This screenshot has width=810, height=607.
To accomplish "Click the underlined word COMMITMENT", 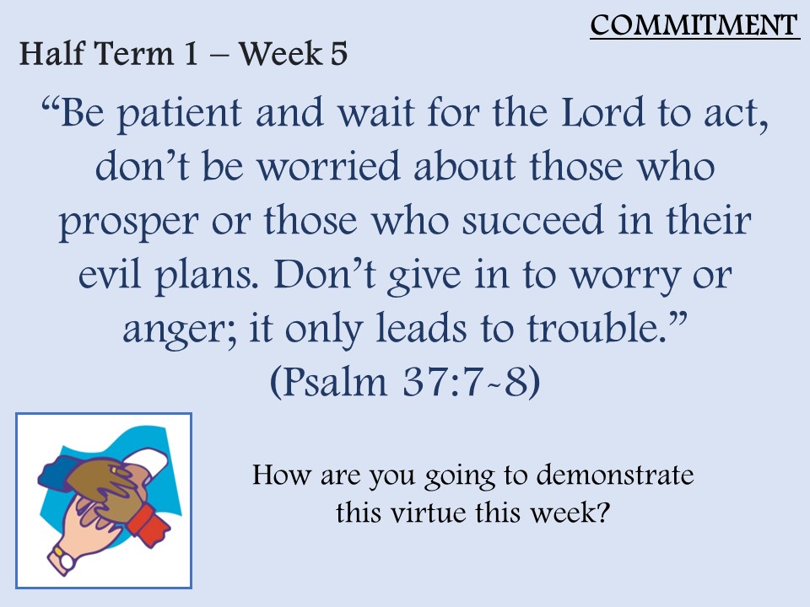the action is coord(694,24).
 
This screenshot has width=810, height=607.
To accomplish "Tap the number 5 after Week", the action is coord(338,53).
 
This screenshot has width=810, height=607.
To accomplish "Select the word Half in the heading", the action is coord(52,53).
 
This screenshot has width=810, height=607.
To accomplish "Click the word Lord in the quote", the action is coord(602,112).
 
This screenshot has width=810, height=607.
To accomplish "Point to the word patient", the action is coord(180,115).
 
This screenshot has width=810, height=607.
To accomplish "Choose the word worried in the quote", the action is coord(329,166).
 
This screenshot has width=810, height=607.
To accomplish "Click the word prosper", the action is coord(128,222).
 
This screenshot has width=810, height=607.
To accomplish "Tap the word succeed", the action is coord(532,220).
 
